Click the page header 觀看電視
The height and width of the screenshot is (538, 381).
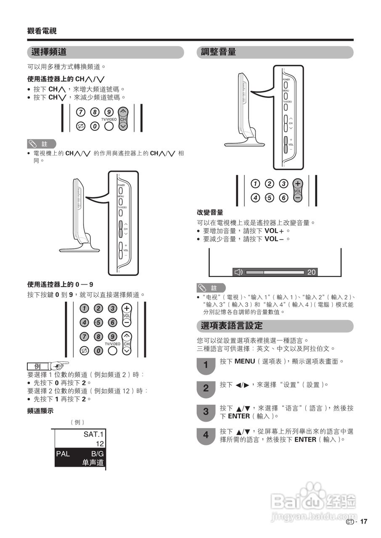point(42,31)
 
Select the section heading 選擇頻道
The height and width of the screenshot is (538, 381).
point(49,52)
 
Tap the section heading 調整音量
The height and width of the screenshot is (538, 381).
point(218,52)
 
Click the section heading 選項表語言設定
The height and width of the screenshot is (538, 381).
point(232,326)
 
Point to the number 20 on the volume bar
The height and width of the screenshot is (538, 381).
point(311,272)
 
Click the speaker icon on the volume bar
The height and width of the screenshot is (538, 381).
point(238,272)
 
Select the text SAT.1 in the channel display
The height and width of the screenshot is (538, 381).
point(93,434)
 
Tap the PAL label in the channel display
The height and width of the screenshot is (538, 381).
point(63,454)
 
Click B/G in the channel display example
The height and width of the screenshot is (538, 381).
point(97,454)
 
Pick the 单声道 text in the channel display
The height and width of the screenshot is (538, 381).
point(93,463)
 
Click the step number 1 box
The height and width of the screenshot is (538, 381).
point(206,365)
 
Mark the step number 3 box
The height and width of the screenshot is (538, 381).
point(206,412)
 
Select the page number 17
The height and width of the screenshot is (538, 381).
point(364,522)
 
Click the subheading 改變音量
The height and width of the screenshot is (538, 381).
point(210,213)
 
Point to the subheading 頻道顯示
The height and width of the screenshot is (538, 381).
point(40,411)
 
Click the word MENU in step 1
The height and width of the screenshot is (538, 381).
point(244,361)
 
